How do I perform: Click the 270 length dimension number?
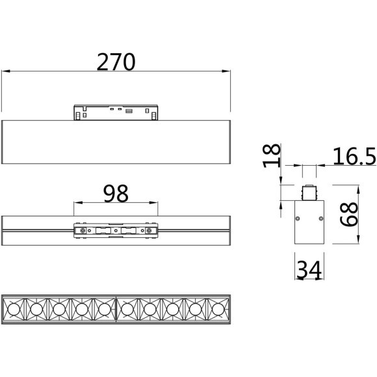[x=116, y=62]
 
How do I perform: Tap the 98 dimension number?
[x=116, y=193]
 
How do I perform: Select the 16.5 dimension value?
[x=354, y=157]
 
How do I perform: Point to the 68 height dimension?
[x=349, y=214]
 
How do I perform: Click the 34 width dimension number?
[x=309, y=270]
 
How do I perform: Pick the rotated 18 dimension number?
[x=272, y=155]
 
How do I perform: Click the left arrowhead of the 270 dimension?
[x=6, y=71]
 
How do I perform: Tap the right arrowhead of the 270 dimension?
[x=226, y=71]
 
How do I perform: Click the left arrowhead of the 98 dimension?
[x=78, y=203]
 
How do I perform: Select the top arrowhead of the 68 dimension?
[x=358, y=189]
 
